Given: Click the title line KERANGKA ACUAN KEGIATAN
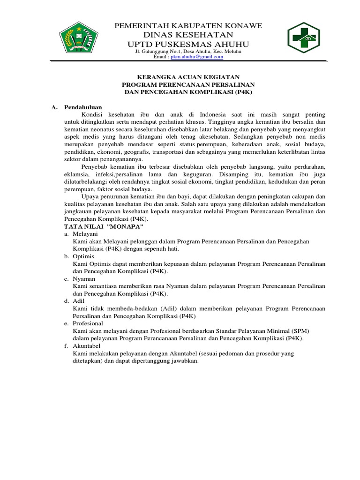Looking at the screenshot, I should click(x=188, y=76).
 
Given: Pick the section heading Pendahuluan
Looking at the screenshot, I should click(x=83, y=107).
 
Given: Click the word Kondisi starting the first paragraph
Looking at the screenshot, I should click(x=93, y=114).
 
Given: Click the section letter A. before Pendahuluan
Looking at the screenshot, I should click(x=54, y=107).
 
